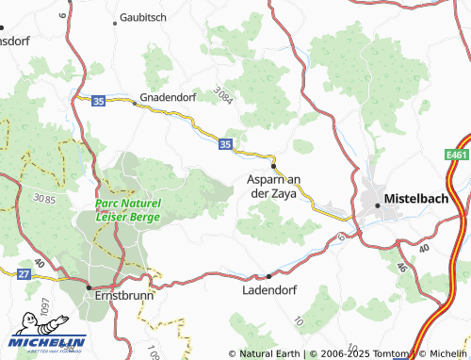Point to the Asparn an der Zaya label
click(x=272, y=186)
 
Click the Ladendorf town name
click(x=268, y=290)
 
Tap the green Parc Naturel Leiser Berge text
click(x=127, y=210)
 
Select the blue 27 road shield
click(x=24, y=273)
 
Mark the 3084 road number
click(x=222, y=94)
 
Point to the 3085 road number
click(x=43, y=199)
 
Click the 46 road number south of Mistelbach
click(x=401, y=267)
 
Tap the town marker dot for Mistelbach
click(x=379, y=203)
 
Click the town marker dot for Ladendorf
click(x=268, y=276)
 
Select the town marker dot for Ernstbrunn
click(x=89, y=286)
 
